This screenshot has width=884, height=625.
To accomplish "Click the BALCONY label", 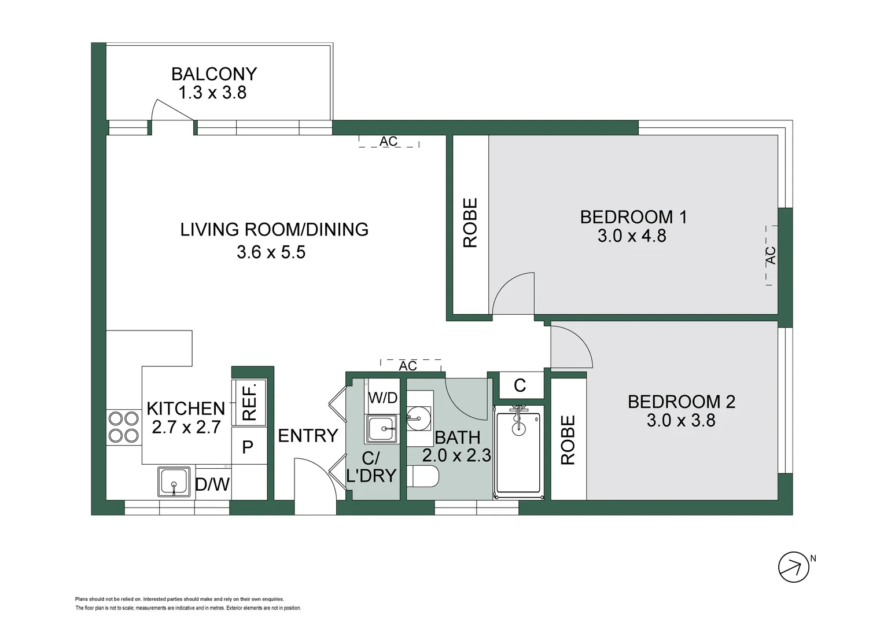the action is coord(214,74).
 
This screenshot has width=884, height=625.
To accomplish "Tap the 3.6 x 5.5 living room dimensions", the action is coord(271,252).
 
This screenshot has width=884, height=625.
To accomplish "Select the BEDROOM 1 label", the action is coord(633,217).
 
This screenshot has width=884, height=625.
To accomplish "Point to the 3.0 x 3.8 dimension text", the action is coord(681,420).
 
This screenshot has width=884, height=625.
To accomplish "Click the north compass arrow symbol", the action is coord(794,567).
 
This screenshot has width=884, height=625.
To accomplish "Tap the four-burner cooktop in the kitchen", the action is coord(124,427).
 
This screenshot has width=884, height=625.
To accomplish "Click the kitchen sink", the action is coord(174,481).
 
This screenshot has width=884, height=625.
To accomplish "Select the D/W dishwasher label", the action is coord(212,484).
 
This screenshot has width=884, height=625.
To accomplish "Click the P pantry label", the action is coord(248,447).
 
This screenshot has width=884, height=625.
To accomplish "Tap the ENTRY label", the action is coord(308,436).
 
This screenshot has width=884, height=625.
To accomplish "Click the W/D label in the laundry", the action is coord(382,398).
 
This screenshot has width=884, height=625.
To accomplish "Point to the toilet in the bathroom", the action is coord(422,476).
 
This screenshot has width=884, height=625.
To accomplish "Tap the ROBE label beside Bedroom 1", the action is coord(470,223).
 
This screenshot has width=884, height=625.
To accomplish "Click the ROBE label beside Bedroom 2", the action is coord(568,439).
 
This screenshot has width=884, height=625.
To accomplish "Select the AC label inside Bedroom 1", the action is coord(771,255).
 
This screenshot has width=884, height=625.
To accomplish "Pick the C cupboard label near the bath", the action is coord(520,385).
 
